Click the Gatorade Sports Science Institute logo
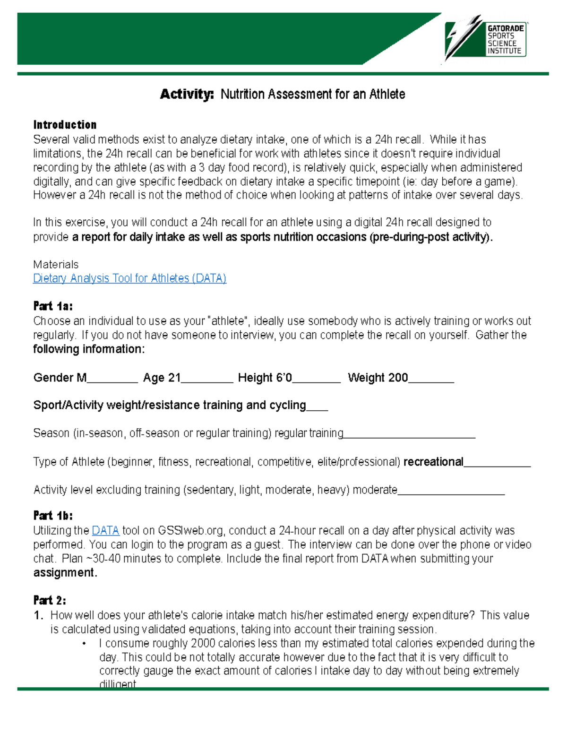coord(486,40)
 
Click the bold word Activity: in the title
coord(187,94)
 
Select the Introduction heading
coord(65,125)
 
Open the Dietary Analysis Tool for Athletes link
coord(129,278)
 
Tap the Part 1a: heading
coord(53,306)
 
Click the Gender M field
coord(60,378)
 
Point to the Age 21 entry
coord(162,378)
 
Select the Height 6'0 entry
coord(265,378)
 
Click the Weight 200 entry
coord(378,378)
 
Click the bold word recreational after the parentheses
coord(433,462)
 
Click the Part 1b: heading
coord(53,516)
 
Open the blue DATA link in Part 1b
coord(105,530)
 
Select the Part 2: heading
coord(50,600)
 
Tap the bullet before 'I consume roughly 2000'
coord(85,643)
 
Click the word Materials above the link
coord(56,264)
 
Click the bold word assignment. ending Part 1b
coord(65,572)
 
